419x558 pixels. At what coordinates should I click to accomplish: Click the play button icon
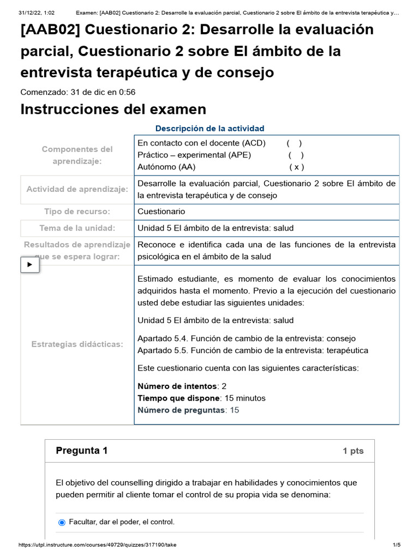(x=30, y=265)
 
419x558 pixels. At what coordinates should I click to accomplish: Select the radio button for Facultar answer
(x=62, y=522)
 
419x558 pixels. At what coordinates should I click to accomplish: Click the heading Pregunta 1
(x=82, y=451)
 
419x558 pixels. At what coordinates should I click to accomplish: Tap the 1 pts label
(x=353, y=451)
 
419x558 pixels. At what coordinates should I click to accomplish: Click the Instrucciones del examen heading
(x=113, y=110)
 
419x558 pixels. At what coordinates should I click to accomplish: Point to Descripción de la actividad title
(x=209, y=129)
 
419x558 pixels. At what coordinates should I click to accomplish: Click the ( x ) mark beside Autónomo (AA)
(x=297, y=167)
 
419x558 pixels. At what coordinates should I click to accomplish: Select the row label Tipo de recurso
(x=77, y=211)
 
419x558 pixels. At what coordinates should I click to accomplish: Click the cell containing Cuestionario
(x=161, y=211)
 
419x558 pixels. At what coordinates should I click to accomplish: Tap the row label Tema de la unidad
(x=77, y=228)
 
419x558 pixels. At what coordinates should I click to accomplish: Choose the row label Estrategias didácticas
(x=77, y=344)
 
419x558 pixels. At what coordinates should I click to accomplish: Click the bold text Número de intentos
(x=177, y=386)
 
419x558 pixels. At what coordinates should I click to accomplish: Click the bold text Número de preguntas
(x=181, y=410)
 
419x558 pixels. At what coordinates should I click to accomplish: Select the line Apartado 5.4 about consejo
(x=247, y=338)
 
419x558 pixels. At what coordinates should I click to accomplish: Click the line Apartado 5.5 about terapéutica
(x=253, y=350)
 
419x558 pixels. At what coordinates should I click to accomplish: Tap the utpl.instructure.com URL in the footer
(x=97, y=545)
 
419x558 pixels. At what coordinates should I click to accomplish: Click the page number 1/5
(x=397, y=545)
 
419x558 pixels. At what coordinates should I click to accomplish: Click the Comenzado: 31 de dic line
(x=77, y=92)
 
